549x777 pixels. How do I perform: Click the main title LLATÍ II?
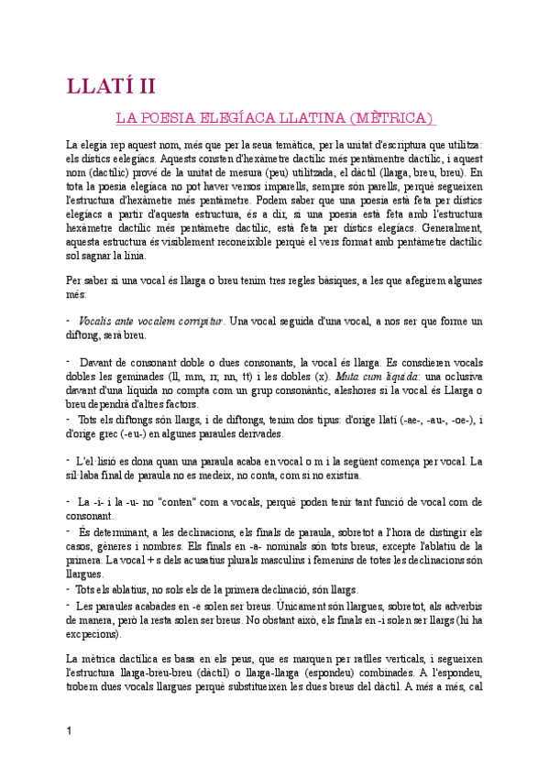click(x=111, y=86)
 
